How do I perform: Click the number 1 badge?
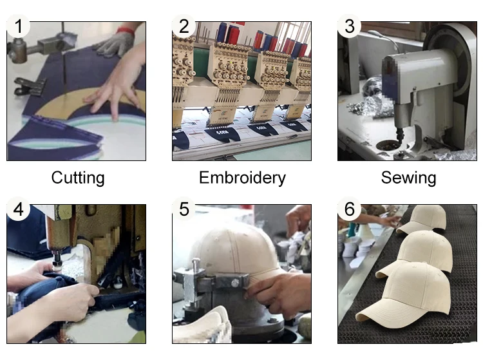[x=19, y=26]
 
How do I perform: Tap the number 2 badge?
[x=184, y=26]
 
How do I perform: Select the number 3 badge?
[x=349, y=26]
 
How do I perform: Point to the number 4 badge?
[x=19, y=209]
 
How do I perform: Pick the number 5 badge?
[x=184, y=209]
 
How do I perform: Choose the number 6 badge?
[x=349, y=209]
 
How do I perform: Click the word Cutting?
[x=78, y=178]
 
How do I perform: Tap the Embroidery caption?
[x=242, y=178]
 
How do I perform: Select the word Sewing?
[x=408, y=178]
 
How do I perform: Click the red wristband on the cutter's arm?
[x=126, y=30]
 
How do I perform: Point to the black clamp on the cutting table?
[x=28, y=86]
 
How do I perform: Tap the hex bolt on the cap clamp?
[x=234, y=282]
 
